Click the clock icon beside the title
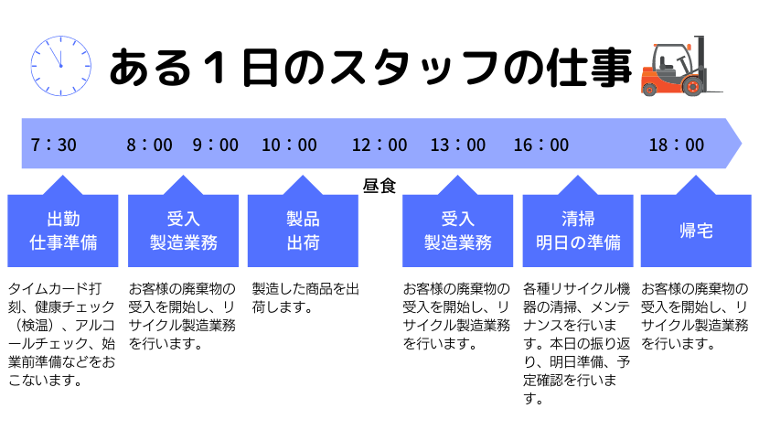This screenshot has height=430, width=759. [x=61, y=65]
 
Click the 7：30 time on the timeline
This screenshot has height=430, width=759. [x=53, y=145]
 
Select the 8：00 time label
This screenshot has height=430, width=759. [x=150, y=145]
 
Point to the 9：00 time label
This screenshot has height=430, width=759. [x=216, y=145]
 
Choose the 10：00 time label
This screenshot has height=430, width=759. [x=290, y=145]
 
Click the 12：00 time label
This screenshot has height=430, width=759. [x=379, y=145]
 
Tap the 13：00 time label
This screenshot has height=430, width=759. [x=458, y=145]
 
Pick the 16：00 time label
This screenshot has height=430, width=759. [x=541, y=145]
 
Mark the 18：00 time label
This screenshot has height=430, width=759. [x=677, y=145]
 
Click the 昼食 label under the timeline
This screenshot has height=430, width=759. [x=379, y=186]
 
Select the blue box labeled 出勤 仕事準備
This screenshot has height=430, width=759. [x=63, y=230]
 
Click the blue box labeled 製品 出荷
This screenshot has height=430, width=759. [x=303, y=230]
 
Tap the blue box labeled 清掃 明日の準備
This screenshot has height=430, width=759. [x=578, y=230]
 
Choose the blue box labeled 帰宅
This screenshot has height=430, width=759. [x=696, y=230]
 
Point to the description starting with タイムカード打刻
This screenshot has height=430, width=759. [x=61, y=334]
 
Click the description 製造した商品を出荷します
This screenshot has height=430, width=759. [x=305, y=297]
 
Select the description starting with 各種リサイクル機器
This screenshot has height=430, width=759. [x=576, y=343]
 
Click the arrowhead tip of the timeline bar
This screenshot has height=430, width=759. [x=741, y=144]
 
